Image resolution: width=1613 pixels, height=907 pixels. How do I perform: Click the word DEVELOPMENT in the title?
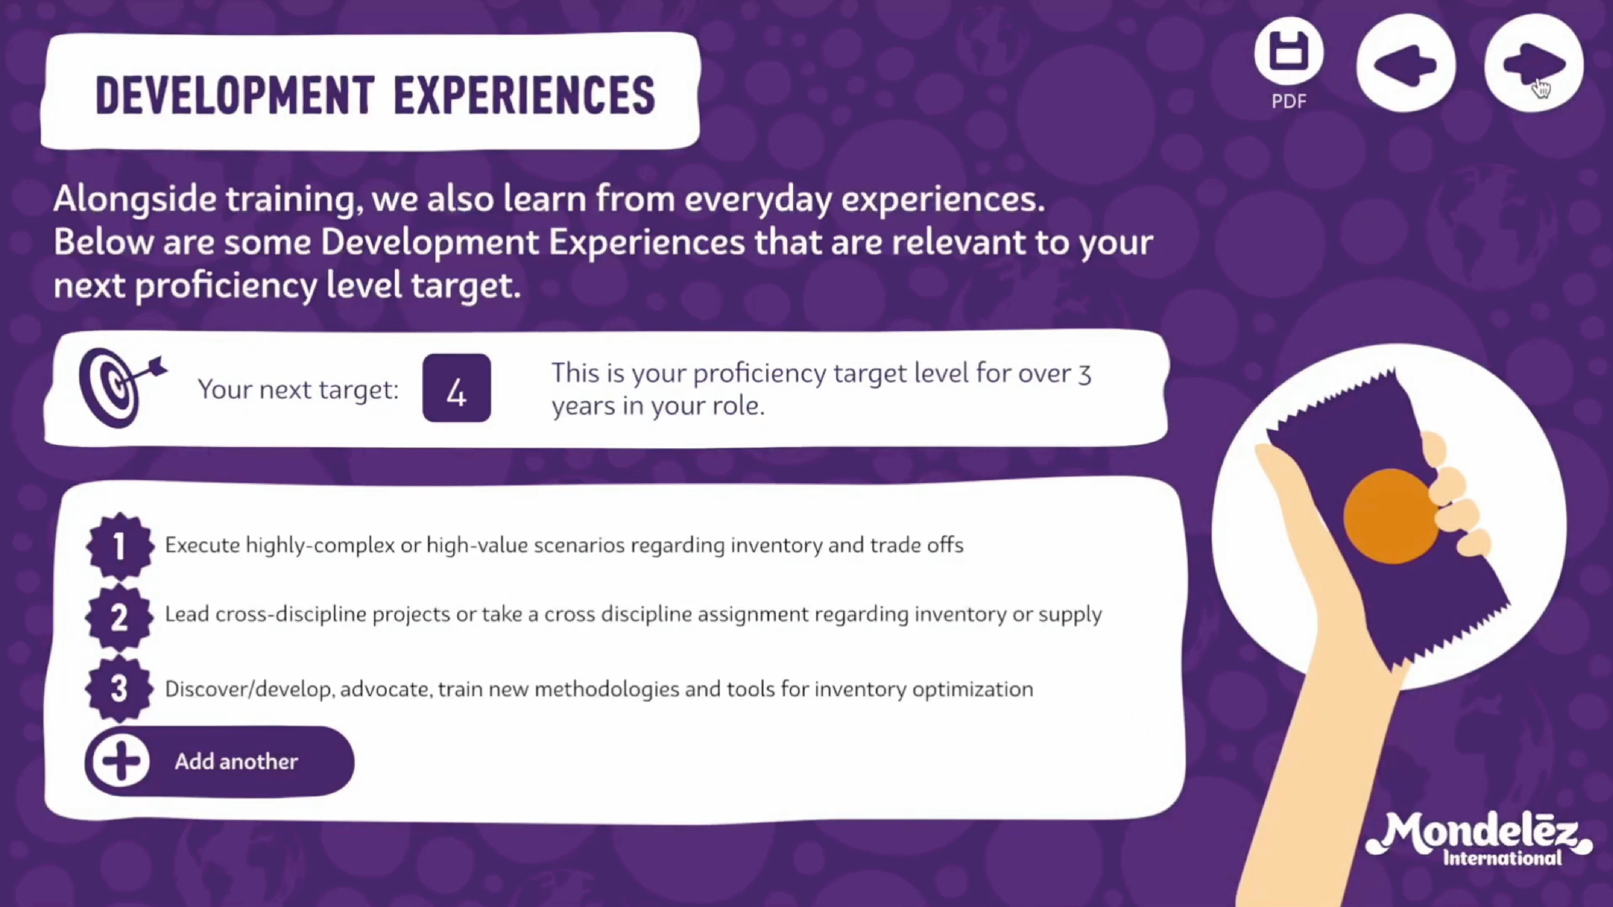[x=235, y=96]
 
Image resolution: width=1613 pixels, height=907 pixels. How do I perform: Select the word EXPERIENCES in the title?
[x=524, y=96]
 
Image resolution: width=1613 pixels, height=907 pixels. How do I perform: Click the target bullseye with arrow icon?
[x=121, y=387]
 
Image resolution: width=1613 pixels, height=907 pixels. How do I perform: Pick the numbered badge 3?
[x=119, y=689]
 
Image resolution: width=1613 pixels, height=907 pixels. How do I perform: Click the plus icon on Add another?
[x=121, y=761]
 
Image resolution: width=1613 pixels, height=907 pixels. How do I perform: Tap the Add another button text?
[x=236, y=761]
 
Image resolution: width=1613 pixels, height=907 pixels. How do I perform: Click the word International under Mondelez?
[x=1502, y=857]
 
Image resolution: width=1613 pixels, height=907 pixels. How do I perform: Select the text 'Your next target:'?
[x=298, y=389]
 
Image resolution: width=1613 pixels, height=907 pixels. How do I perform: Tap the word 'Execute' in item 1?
[x=202, y=545]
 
